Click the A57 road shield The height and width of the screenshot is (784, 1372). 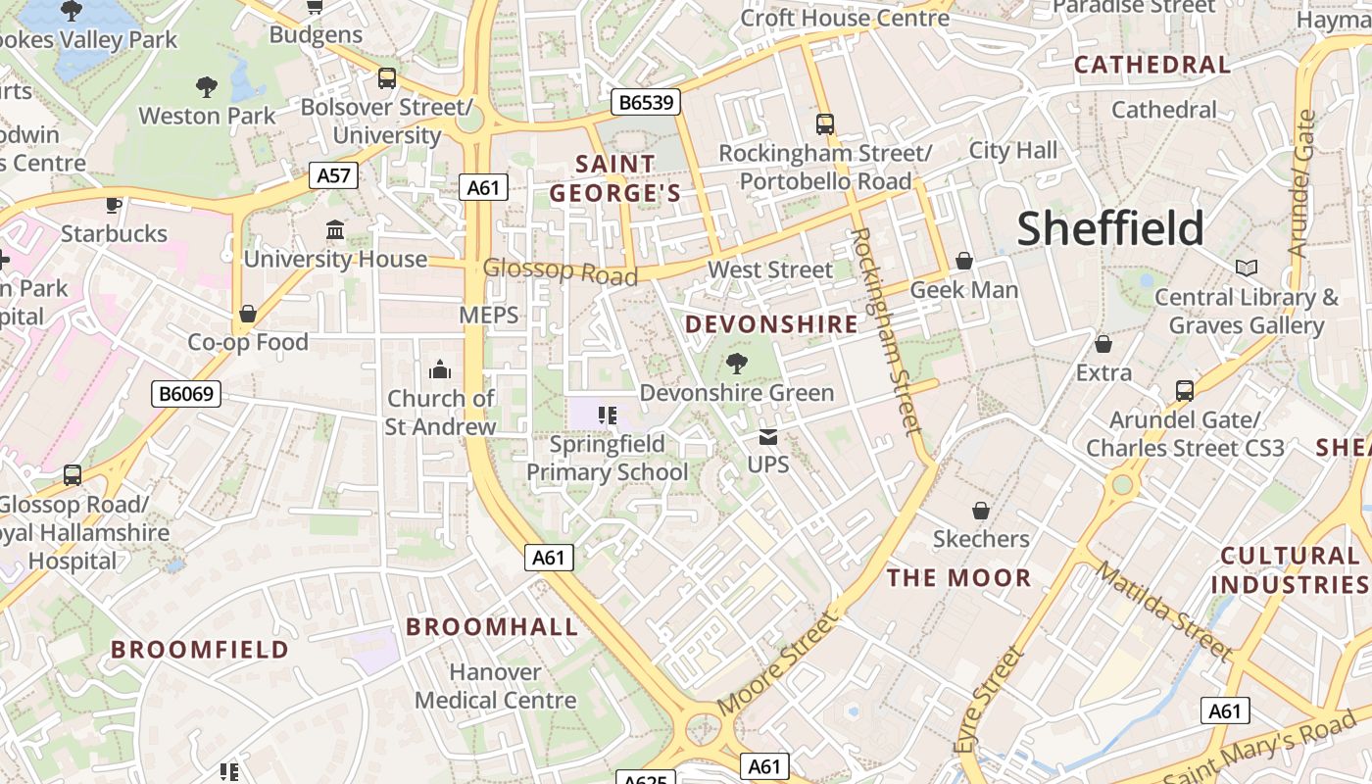point(334,176)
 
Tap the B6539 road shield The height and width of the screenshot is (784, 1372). point(645,102)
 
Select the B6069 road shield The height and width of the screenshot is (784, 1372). point(187,394)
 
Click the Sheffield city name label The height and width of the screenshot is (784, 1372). point(1109,228)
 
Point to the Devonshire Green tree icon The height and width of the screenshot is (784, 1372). point(736,365)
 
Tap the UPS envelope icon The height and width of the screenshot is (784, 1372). point(767,436)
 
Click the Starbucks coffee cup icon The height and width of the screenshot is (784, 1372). point(114,205)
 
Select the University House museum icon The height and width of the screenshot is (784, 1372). point(335,230)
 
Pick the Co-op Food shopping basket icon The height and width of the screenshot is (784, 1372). point(248,314)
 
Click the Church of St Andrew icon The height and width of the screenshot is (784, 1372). point(440,370)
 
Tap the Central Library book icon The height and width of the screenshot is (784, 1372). point(1246,268)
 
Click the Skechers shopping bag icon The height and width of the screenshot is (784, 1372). point(980,511)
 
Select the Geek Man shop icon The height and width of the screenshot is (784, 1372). point(964,261)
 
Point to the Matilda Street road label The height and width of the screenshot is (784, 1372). point(1163,611)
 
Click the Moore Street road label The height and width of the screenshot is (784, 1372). point(778,664)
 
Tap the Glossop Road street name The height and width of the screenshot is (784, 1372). point(560,271)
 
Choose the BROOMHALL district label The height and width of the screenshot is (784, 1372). point(492,627)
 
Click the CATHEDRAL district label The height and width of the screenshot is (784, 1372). point(1152,65)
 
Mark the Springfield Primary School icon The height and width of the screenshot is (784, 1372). point(607,416)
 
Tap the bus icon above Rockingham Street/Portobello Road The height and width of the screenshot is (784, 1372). point(825,124)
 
